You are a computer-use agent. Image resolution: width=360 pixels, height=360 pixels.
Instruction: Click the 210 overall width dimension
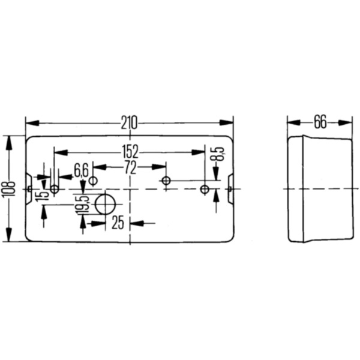coord(129,123)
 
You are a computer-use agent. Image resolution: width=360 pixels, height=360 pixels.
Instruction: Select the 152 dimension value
coord(130,151)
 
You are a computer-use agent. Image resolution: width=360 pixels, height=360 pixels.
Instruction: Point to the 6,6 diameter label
coord(81,169)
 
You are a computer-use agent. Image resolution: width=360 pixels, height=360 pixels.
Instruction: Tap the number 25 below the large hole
coord(118,223)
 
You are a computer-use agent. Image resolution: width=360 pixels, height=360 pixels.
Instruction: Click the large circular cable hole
coord(106,205)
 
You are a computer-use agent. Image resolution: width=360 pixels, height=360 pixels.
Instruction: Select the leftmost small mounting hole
coord(55,190)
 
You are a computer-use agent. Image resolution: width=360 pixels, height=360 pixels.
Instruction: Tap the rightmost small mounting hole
coord(205,190)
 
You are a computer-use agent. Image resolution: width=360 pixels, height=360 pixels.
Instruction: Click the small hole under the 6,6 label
coord(93,181)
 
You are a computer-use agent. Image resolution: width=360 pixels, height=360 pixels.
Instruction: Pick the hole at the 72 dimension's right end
coord(166,181)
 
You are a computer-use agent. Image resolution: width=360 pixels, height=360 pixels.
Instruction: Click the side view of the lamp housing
coord(319,189)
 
